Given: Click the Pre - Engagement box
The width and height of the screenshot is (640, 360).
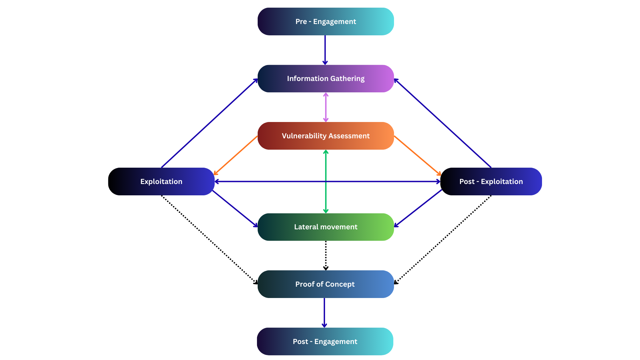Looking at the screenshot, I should click(326, 21).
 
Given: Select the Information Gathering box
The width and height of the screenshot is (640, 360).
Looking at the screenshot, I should click(326, 79).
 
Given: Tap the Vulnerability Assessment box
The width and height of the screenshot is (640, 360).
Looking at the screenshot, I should click(326, 136).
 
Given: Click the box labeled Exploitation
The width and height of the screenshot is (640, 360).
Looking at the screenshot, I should click(162, 182).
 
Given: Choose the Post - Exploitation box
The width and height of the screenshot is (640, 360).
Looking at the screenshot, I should click(491, 182).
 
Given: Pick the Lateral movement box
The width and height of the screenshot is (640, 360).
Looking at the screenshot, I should click(326, 227).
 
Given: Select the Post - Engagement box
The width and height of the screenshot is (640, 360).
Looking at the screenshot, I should click(325, 342).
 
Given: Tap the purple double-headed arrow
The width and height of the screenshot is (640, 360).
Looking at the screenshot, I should click(326, 107).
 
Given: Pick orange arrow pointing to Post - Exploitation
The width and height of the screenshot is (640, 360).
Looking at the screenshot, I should click(417, 155).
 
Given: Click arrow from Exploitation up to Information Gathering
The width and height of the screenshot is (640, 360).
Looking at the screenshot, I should click(209, 123).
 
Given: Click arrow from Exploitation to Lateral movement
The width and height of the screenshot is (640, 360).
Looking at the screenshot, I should click(235, 209).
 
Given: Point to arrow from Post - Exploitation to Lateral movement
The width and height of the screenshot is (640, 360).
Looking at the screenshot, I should click(418, 208).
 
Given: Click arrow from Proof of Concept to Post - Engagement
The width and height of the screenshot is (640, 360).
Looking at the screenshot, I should click(324, 313).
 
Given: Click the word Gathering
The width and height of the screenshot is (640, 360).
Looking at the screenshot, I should click(347, 79).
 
